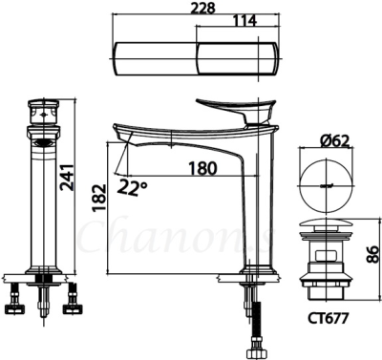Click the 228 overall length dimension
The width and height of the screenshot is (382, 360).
pyautogui.click(x=202, y=8)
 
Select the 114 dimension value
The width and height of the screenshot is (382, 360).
pyautogui.click(x=244, y=21)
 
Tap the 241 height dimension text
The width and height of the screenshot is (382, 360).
pyautogui.click(x=67, y=178)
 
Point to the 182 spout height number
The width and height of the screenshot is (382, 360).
pyautogui.click(x=98, y=198)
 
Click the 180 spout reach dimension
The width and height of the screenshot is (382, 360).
pyautogui.click(x=202, y=168)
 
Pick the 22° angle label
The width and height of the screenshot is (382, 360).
pyautogui.click(x=132, y=188)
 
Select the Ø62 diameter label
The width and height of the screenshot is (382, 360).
pyautogui.click(x=334, y=141)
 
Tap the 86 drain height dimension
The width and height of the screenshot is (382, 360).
pyautogui.click(x=372, y=254)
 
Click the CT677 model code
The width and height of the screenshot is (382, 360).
pyautogui.click(x=328, y=318)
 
